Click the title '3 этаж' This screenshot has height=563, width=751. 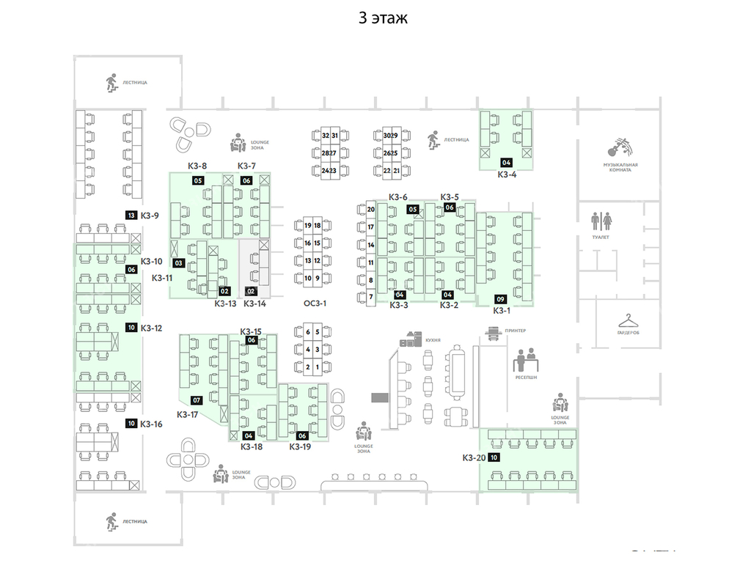click(382, 18)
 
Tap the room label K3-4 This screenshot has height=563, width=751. click(507, 174)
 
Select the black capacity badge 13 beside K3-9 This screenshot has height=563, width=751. click(131, 216)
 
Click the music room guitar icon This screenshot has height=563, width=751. click(620, 147)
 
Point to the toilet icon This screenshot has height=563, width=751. click(601, 220)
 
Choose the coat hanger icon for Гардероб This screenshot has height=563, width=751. click(628, 320)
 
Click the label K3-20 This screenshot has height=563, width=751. click(474, 457)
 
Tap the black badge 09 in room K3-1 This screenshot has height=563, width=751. click(501, 299)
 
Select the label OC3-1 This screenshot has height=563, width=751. click(314, 303)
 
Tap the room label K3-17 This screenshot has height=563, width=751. click(188, 414)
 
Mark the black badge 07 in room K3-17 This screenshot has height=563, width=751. click(197, 400)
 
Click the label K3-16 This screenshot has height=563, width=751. click(151, 424)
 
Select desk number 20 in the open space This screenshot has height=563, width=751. click(371, 210)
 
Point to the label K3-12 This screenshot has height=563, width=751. click(151, 328)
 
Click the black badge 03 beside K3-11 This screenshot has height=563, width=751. click(177, 262)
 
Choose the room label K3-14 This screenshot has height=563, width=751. click(254, 303)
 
